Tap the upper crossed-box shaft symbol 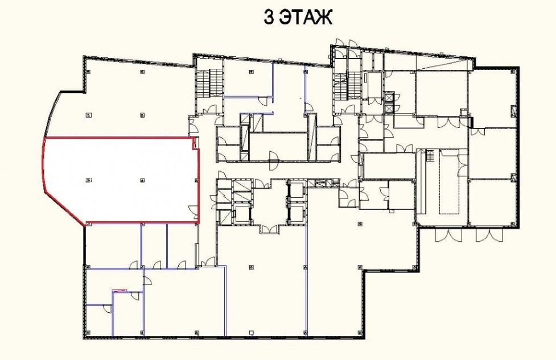click(x=389, y=97)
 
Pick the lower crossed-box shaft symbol click(x=389, y=108)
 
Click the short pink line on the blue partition click(x=120, y=291)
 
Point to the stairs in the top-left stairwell click(x=209, y=82)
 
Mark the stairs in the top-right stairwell click(x=347, y=87)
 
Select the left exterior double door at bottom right click(x=448, y=235)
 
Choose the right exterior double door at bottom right click(x=489, y=235)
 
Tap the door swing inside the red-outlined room click(x=193, y=212)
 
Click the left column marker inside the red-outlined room click(x=88, y=180)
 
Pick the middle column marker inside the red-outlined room click(x=142, y=180)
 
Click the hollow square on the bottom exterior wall click(x=252, y=332)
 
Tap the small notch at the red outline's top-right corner click(x=195, y=143)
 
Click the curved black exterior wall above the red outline click(x=52, y=113)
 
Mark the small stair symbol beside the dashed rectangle click(x=430, y=156)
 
